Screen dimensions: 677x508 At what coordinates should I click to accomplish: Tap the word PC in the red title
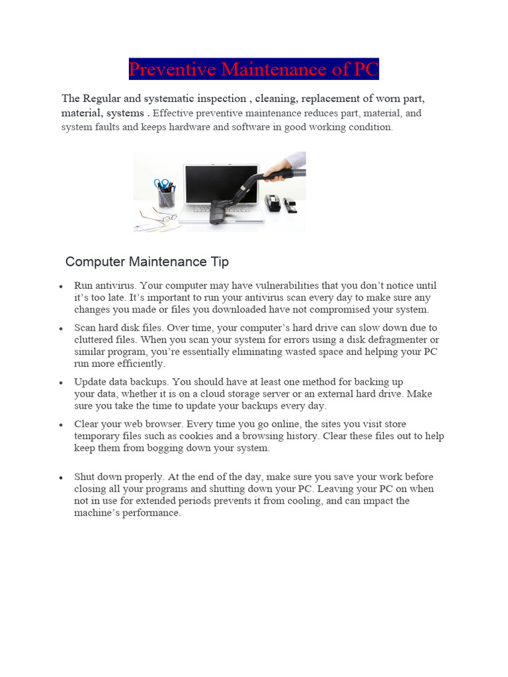[x=365, y=69]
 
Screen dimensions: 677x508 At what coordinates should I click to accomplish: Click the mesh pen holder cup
[x=166, y=197]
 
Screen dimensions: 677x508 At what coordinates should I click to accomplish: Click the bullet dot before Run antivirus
[x=60, y=287]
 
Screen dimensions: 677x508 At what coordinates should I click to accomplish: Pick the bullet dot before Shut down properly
[x=60, y=477]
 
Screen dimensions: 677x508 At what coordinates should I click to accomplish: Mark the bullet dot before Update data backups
[x=60, y=383]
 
